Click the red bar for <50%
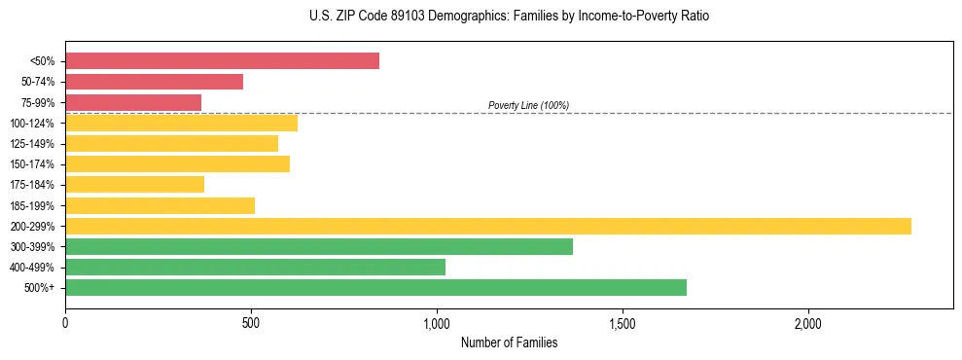(x=222, y=60)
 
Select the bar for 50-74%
(x=154, y=82)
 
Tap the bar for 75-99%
(x=133, y=102)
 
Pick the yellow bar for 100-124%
(x=181, y=123)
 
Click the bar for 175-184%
(x=134, y=184)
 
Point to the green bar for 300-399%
(x=319, y=246)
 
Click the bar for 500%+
(x=375, y=287)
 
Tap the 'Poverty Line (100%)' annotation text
(x=528, y=105)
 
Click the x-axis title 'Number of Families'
(x=509, y=342)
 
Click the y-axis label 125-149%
(x=32, y=144)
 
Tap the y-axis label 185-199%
(x=32, y=205)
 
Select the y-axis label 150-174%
(x=32, y=164)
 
